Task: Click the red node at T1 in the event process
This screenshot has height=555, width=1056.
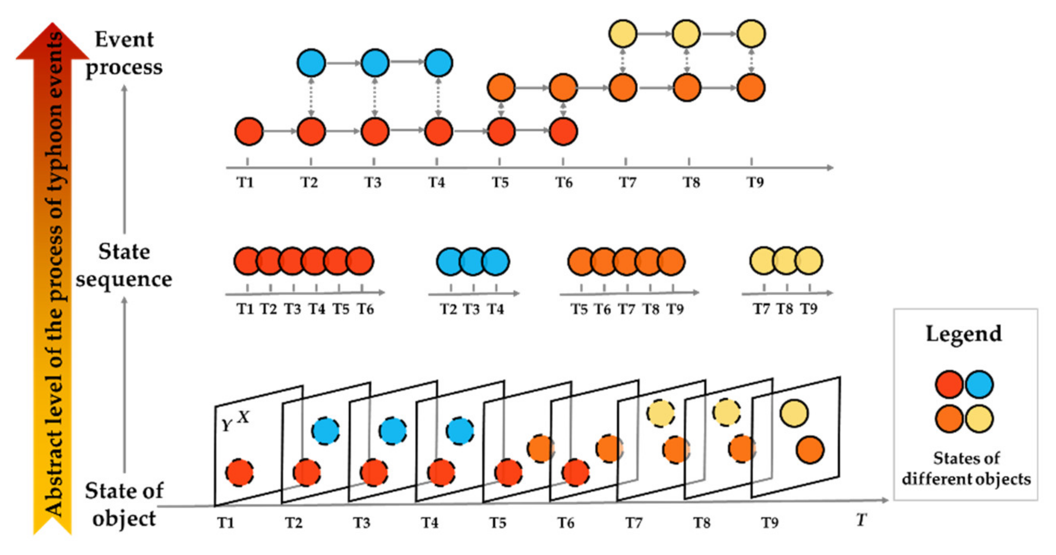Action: pos(249,132)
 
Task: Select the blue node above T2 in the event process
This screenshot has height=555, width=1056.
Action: pos(311,63)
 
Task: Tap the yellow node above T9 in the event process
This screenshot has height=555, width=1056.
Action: pos(751,33)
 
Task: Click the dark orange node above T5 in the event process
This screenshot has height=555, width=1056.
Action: pos(501,88)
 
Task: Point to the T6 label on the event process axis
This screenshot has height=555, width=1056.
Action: pos(564,182)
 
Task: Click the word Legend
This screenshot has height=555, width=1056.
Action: pos(964,334)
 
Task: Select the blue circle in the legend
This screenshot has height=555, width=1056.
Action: pos(979,384)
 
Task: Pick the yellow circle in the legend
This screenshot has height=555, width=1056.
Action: pos(979,419)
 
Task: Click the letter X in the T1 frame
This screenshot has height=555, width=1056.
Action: pos(243,417)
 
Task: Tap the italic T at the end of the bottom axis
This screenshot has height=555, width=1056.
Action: pos(861,520)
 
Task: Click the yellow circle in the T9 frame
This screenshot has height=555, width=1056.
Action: pos(794,413)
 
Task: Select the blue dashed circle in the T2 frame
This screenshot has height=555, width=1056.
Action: pos(326,431)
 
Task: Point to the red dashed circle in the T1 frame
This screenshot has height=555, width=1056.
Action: pos(240,472)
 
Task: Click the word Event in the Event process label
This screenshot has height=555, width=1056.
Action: pos(124,40)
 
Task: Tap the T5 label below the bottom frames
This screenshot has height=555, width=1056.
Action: pos(498,523)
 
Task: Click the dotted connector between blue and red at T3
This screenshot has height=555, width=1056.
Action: pos(374,97)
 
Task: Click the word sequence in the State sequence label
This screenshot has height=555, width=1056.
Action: pos(124,280)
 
